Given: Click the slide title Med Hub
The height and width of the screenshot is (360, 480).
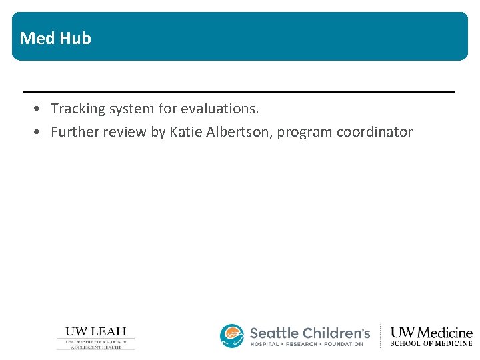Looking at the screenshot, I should tap(55, 38).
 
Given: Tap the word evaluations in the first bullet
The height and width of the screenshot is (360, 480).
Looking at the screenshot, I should tap(219, 108).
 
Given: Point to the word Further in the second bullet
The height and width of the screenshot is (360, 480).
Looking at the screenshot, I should tap(73, 132).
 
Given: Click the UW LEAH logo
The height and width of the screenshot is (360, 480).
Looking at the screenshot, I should tap(95, 337).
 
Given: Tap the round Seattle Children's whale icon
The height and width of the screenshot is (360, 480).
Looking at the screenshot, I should tap(232, 336).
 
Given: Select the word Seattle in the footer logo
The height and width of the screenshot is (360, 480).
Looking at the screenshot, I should tap(274, 333).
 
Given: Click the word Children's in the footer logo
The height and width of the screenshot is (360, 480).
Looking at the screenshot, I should tap(336, 333).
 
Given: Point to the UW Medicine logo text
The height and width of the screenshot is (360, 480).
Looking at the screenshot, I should tap(431, 333).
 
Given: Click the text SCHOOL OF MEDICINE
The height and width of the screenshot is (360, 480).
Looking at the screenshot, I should tap(431, 344).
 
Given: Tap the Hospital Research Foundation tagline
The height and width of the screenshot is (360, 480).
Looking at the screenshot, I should tap(307, 344).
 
